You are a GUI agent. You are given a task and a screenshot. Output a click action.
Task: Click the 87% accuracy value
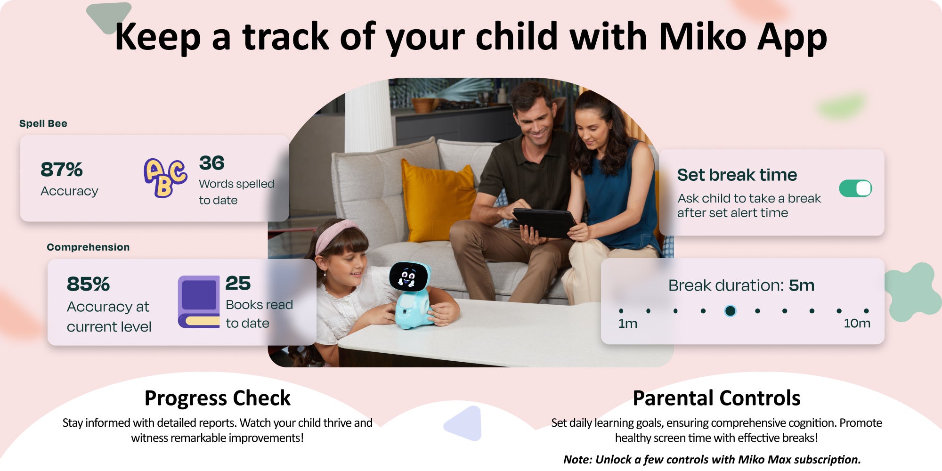pyautogui.click(x=62, y=170)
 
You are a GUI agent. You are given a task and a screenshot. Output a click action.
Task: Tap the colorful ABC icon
pyautogui.click(x=165, y=178)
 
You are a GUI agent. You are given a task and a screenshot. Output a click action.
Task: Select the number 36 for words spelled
pyautogui.click(x=211, y=163)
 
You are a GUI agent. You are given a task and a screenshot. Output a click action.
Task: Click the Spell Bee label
pyautogui.click(x=43, y=123)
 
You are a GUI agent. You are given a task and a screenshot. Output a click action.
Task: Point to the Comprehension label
pyautogui.click(x=88, y=247)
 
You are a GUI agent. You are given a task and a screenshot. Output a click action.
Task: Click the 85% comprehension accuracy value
pyautogui.click(x=88, y=284)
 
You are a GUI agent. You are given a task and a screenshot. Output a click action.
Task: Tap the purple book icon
pyautogui.click(x=199, y=301)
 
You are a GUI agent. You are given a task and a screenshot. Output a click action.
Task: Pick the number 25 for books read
pyautogui.click(x=238, y=283)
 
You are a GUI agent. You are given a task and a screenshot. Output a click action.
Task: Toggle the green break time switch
pyautogui.click(x=855, y=188)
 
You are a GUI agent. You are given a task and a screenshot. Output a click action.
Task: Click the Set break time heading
pyautogui.click(x=737, y=175)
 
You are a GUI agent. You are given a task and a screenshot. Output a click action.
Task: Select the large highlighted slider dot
pyautogui.click(x=730, y=311)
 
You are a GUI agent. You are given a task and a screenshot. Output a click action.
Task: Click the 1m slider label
pyautogui.click(x=628, y=324)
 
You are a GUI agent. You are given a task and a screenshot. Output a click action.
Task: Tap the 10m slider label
pyautogui.click(x=857, y=324)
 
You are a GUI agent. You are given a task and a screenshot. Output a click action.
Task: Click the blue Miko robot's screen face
pyautogui.click(x=408, y=276)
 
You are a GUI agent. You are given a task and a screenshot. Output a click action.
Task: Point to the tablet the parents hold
pyautogui.click(x=544, y=222)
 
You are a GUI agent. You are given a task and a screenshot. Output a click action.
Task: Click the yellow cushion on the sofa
pyautogui.click(x=438, y=199)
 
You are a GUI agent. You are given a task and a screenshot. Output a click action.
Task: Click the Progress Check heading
pyautogui.click(x=218, y=398)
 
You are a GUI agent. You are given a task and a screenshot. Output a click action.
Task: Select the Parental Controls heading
pyautogui.click(x=716, y=398)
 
